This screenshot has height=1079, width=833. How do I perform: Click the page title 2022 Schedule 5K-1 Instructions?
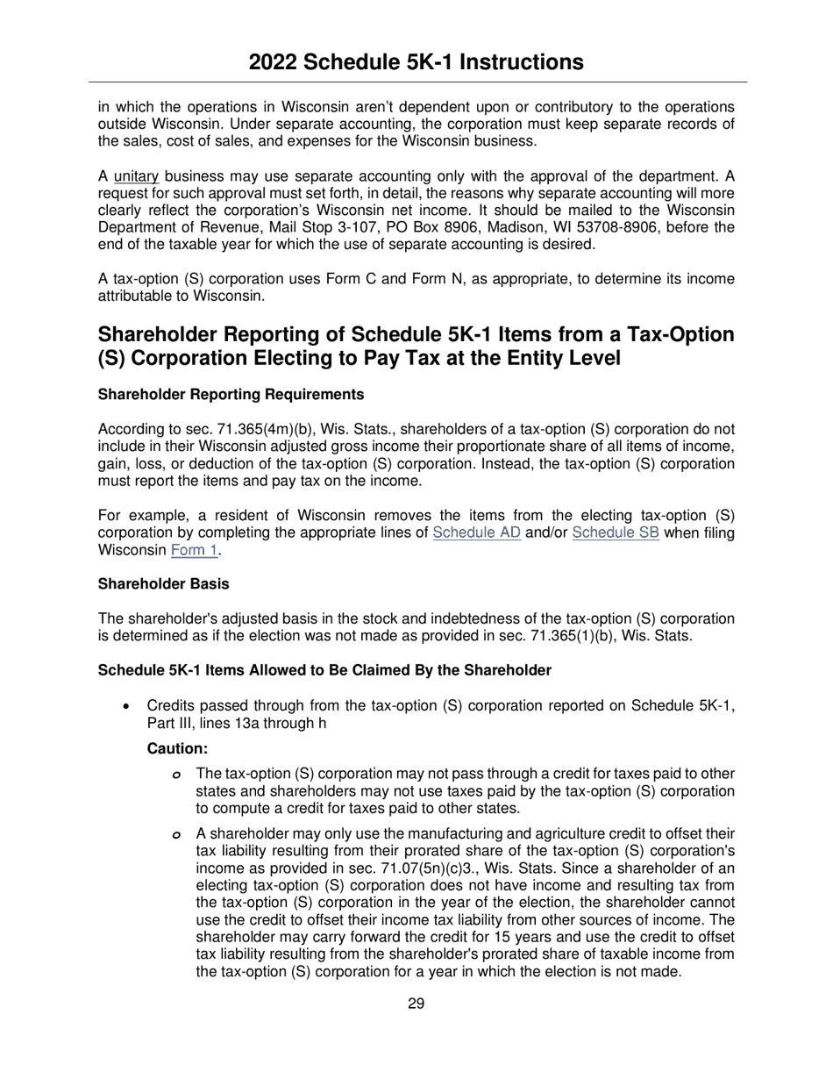(x=416, y=62)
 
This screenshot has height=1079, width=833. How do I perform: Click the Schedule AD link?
(x=476, y=533)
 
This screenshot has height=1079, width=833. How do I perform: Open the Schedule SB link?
(x=615, y=533)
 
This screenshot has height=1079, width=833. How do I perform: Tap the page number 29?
(x=416, y=1004)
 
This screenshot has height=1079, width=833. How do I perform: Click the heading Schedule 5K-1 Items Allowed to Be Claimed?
(x=324, y=670)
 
